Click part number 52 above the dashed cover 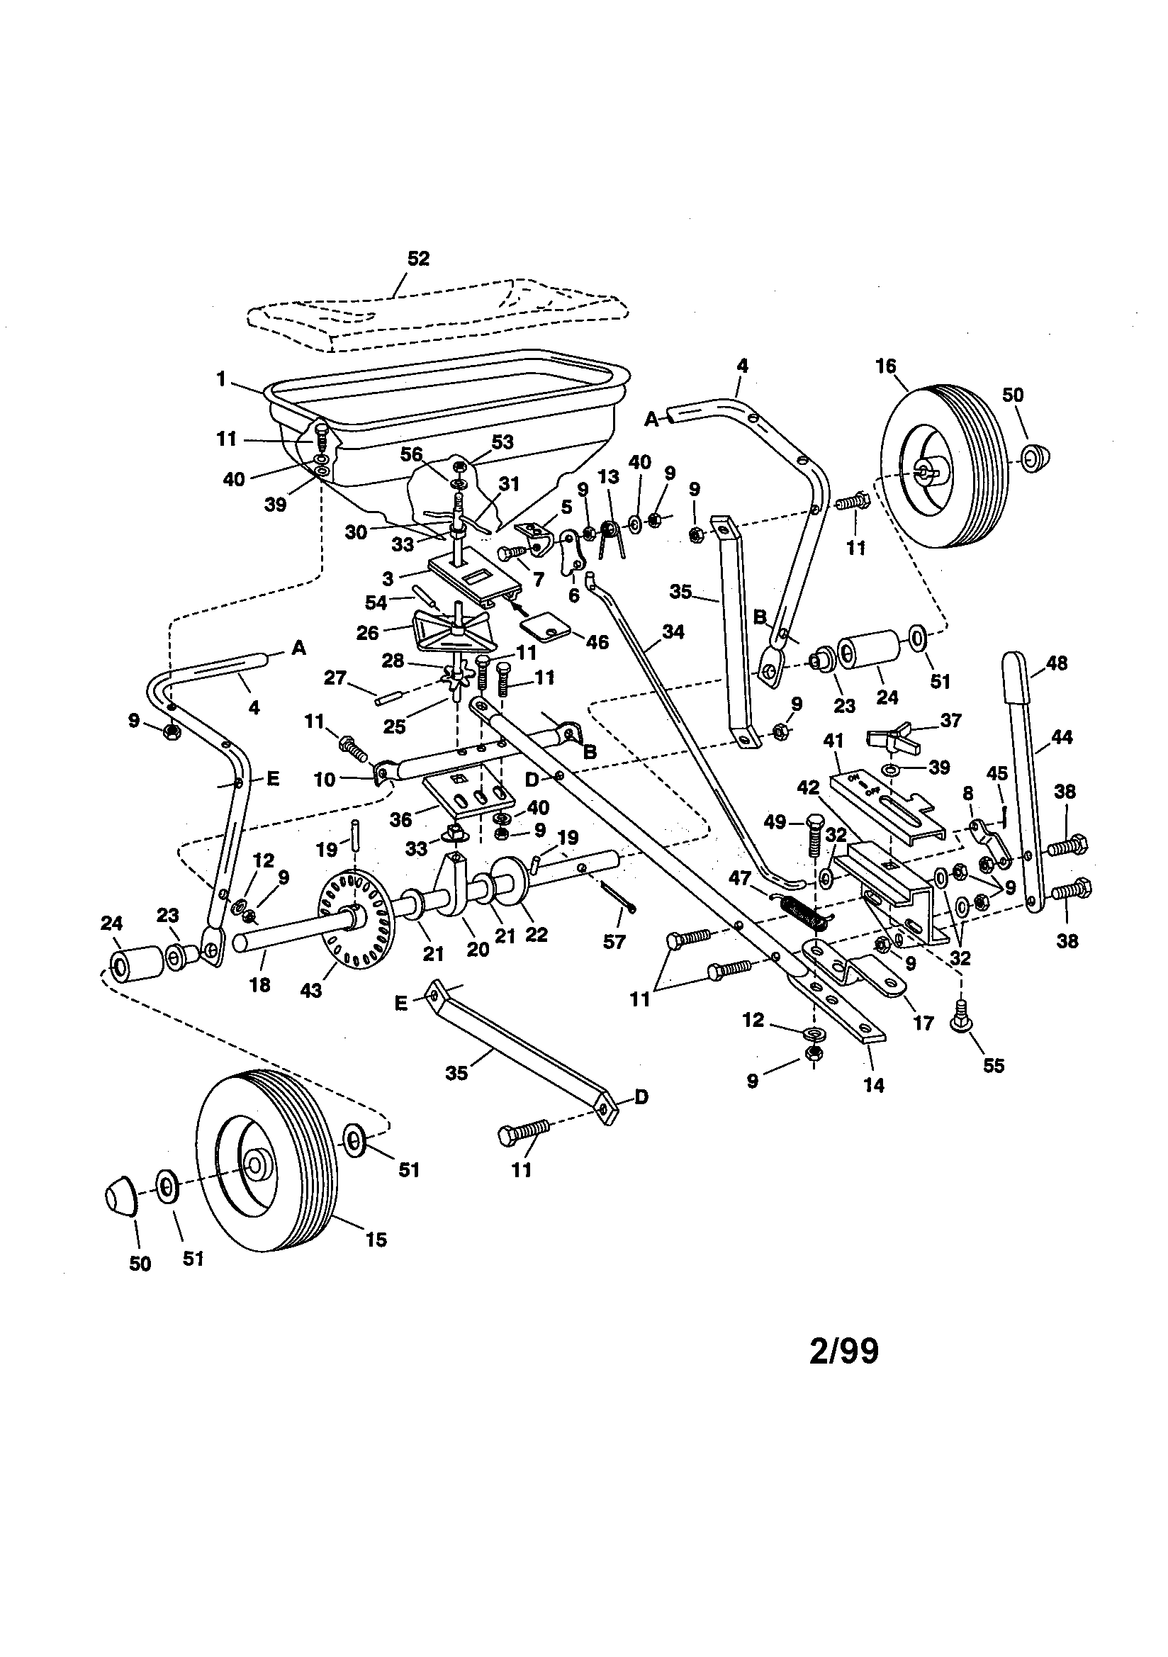tap(418, 259)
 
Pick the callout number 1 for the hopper tap(221, 378)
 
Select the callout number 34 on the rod tap(673, 631)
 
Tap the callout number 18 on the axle tap(259, 984)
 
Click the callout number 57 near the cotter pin tap(614, 941)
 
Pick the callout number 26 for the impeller tap(367, 633)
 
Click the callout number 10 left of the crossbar tap(325, 780)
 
